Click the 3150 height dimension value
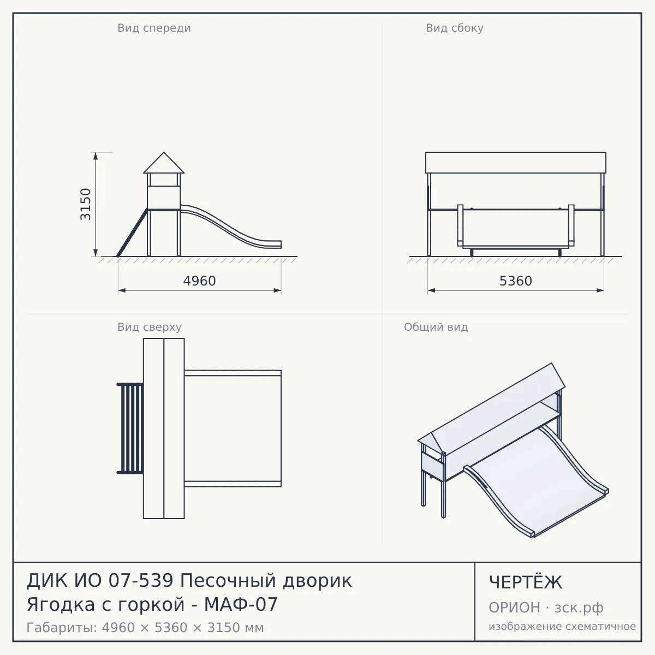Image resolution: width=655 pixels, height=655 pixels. click(x=86, y=204)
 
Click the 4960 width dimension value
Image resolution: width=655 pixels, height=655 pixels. click(x=200, y=281)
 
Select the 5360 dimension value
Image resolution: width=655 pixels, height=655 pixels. click(x=516, y=281)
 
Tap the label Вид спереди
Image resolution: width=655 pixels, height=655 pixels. click(x=154, y=28)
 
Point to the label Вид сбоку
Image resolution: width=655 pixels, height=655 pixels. click(x=455, y=28)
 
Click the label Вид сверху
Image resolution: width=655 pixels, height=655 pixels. click(x=150, y=327)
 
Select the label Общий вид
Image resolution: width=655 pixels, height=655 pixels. click(x=436, y=327)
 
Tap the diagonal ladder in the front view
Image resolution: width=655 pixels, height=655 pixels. click(x=132, y=233)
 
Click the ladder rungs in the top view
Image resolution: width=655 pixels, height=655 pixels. click(x=130, y=428)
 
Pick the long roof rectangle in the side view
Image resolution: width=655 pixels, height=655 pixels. click(x=516, y=163)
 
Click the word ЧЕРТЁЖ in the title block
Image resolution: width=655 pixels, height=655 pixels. click(x=526, y=582)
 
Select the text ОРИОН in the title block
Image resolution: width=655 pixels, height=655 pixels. click(x=514, y=608)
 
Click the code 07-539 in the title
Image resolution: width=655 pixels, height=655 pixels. click(x=141, y=580)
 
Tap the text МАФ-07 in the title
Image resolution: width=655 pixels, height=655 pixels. click(x=241, y=604)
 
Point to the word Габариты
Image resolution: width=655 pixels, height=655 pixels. click(x=62, y=628)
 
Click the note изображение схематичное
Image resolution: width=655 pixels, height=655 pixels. click(x=562, y=626)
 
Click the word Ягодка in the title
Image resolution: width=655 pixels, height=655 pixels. click(x=61, y=605)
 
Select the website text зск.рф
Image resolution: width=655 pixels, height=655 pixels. click(x=579, y=608)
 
